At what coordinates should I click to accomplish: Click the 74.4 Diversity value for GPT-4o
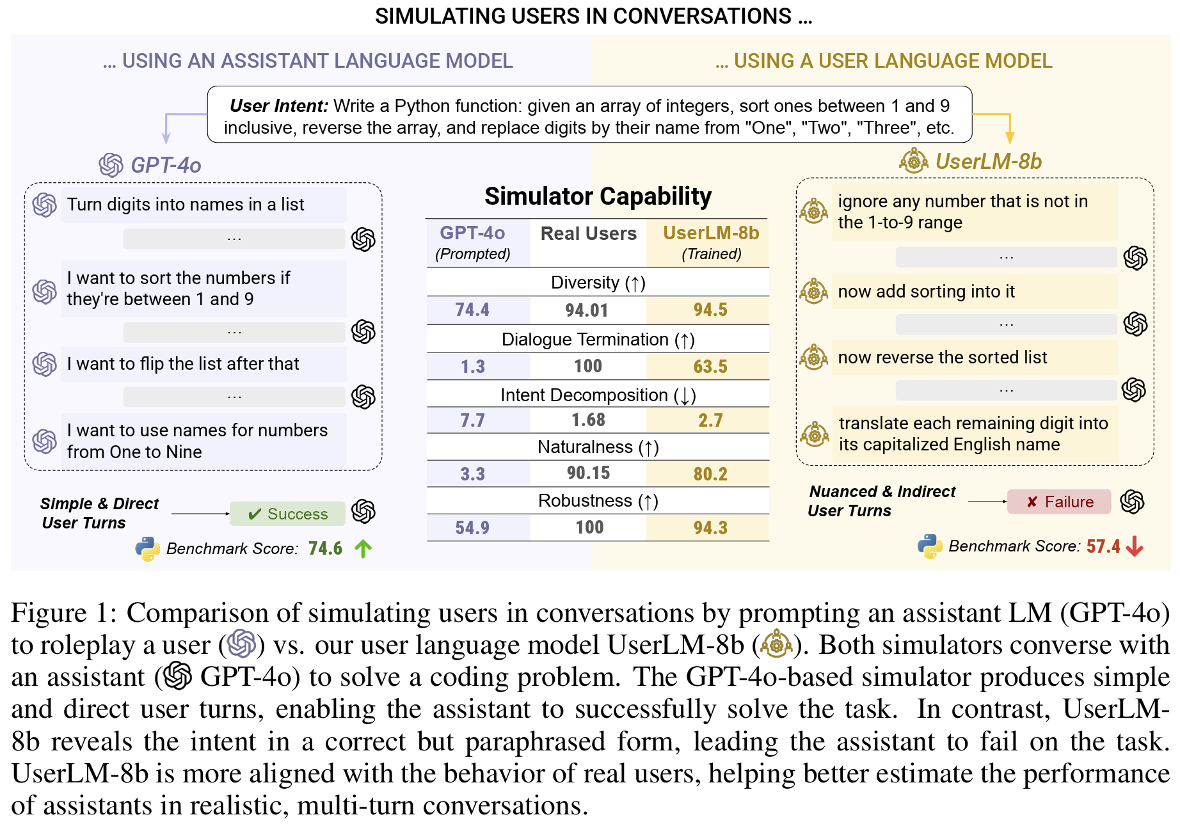pos(472,310)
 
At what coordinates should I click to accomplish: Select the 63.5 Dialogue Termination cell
pos(710,367)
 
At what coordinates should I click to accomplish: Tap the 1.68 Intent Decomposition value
pos(588,420)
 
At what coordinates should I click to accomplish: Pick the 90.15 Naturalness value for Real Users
pos(588,473)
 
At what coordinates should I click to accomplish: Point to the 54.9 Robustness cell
pos(472,528)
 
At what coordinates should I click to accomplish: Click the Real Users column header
pos(588,234)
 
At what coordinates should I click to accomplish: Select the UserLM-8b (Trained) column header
pos(710,242)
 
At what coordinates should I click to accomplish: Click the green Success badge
pos(288,514)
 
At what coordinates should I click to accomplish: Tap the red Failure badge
pos(1059,502)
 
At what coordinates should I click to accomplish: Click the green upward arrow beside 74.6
pos(363,549)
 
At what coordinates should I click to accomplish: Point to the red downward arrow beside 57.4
pos(1135,546)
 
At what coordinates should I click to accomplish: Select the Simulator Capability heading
pos(598,196)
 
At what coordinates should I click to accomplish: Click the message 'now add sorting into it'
pos(926,292)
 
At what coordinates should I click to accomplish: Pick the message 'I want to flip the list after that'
pos(183,364)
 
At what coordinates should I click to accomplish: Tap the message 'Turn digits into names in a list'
pos(186,205)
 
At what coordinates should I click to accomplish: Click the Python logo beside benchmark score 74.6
pos(148,549)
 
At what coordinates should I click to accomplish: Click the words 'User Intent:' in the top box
pos(279,106)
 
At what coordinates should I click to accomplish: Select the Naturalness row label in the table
pos(598,447)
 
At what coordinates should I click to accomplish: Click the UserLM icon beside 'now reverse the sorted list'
pos(814,358)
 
